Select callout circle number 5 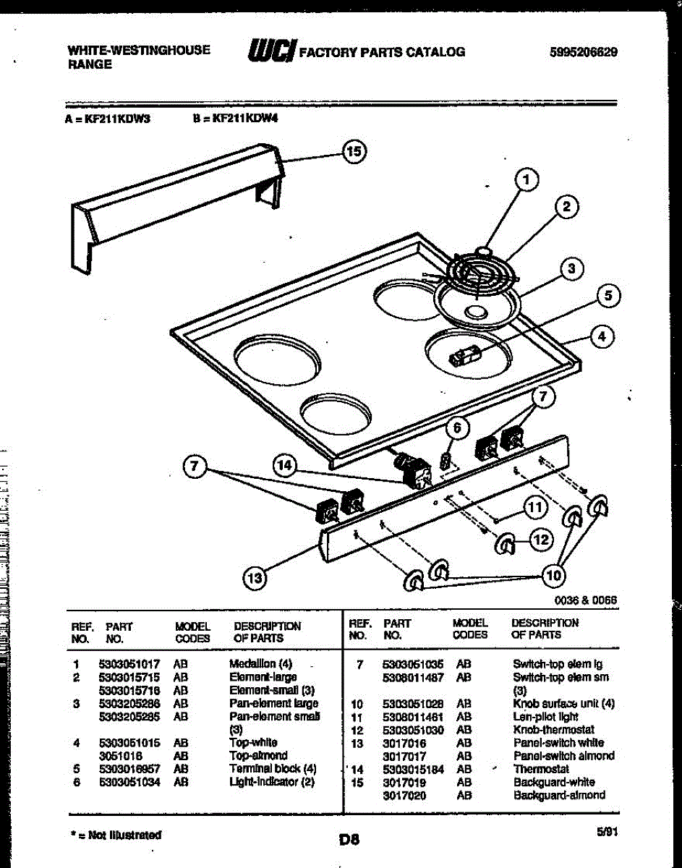click(x=608, y=295)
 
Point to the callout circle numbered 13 click(x=254, y=576)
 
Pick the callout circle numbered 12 click(x=542, y=539)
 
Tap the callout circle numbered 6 click(x=456, y=429)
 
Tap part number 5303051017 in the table click(x=129, y=663)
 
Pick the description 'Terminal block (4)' click(x=273, y=769)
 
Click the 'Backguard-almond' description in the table click(x=559, y=795)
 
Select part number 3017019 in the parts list click(x=404, y=782)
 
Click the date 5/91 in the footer click(x=606, y=833)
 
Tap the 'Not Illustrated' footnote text click(x=116, y=835)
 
